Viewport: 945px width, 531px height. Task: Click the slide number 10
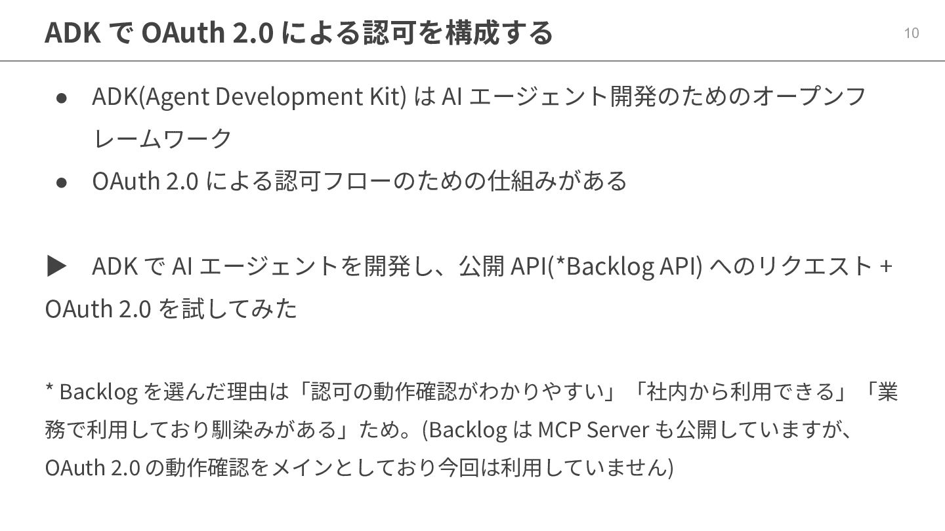911,33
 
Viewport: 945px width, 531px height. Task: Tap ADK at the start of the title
72,32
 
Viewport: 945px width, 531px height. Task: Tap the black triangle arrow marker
57,266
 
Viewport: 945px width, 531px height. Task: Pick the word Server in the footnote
616,429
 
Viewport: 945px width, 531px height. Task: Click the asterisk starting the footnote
49,390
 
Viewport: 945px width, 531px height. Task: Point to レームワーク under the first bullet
163,138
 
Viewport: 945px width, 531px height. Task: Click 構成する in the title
499,32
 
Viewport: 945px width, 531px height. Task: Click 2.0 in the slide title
253,32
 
